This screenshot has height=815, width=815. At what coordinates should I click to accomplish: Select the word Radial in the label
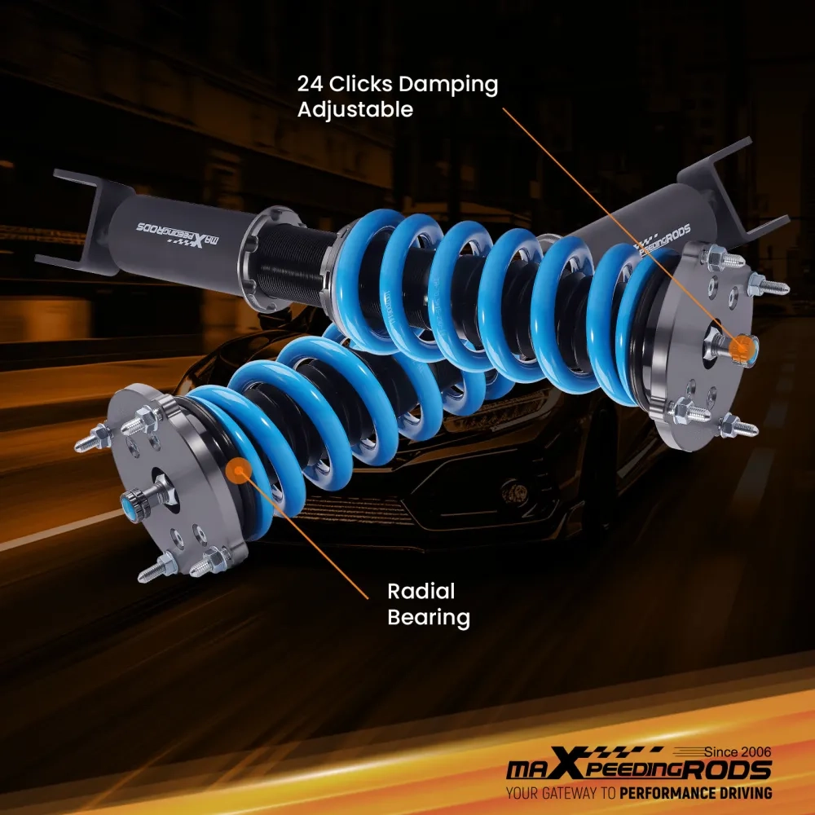(421, 592)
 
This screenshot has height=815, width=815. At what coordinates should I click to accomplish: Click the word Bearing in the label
(429, 618)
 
